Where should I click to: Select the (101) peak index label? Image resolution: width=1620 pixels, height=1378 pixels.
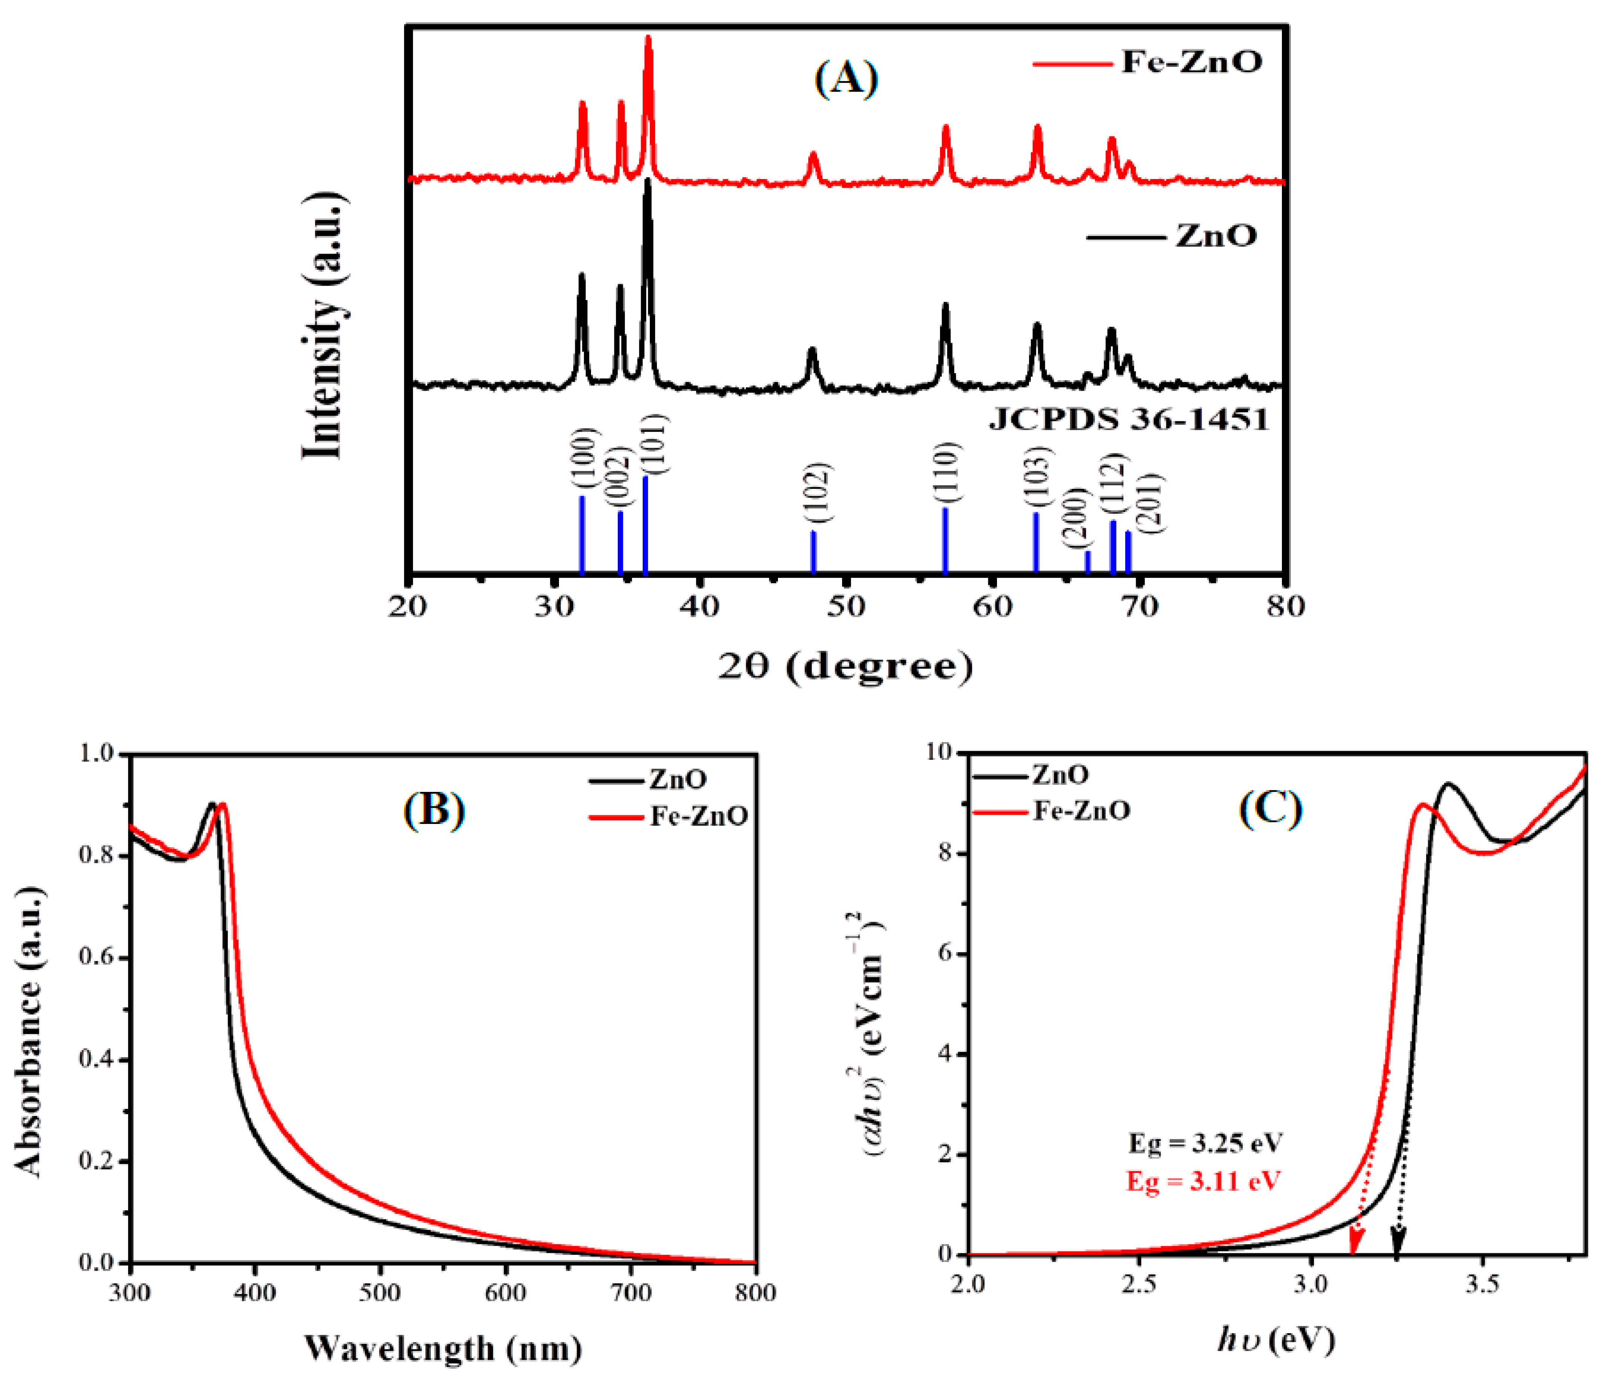[x=655, y=444]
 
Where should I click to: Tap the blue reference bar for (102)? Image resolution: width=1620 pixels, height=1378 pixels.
[x=813, y=551]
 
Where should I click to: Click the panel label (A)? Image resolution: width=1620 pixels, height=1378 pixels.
[x=846, y=79]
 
